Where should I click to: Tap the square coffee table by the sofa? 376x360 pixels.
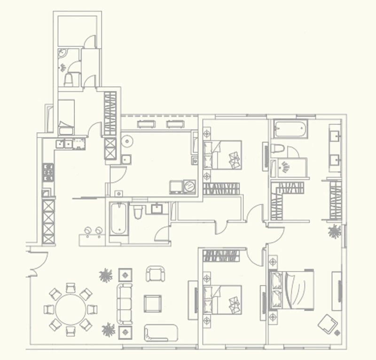153,303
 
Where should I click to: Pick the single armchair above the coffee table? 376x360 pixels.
155,274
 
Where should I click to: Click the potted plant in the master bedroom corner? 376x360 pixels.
335,232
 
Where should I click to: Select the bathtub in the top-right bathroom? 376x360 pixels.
290,128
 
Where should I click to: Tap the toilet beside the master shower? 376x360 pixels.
278,149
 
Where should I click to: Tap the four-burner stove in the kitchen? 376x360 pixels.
47,172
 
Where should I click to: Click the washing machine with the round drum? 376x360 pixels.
189,186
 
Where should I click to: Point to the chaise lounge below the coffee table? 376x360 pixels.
161,332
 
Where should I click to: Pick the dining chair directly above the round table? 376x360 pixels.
70,287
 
